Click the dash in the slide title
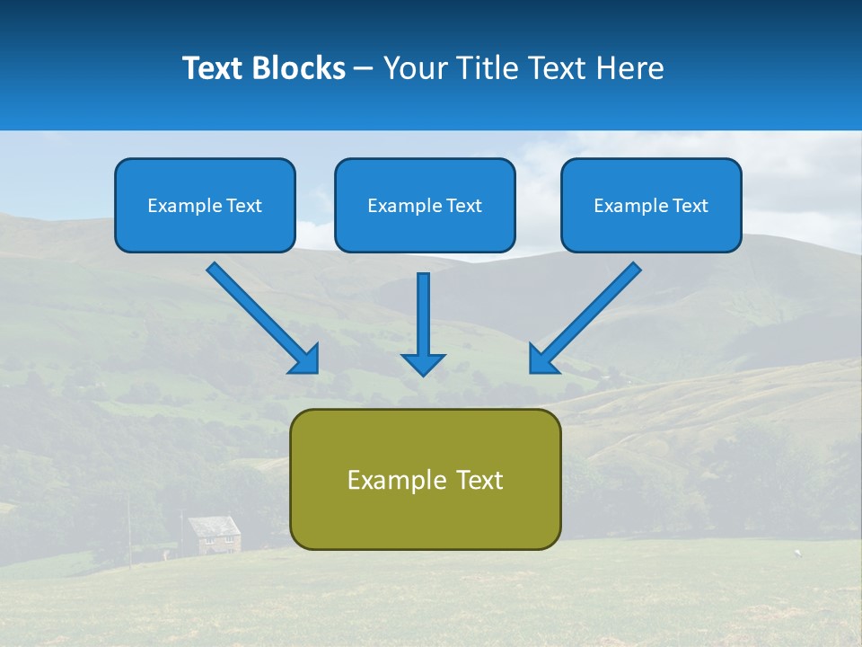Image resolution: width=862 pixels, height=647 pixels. coord(364,69)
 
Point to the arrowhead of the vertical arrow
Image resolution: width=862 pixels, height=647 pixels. coord(423,363)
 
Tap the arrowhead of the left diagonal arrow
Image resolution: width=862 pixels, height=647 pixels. coord(305,359)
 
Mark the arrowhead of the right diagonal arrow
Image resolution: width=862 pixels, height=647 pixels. coord(541,359)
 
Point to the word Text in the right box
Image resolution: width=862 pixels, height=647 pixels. coord(690,206)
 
